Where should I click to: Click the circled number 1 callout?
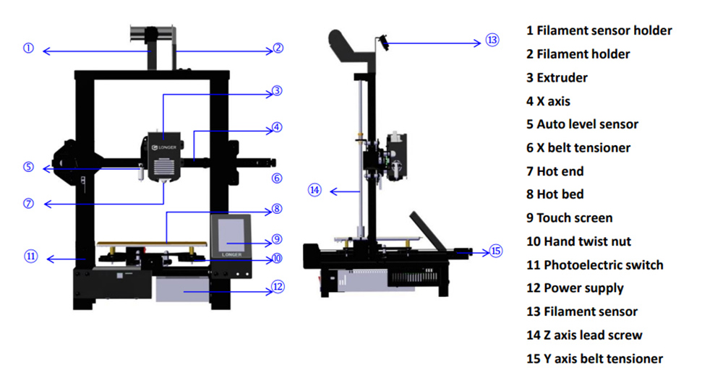28,49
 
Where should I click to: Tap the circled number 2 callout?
278,49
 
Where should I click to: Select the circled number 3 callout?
277,92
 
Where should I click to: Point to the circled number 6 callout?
277,178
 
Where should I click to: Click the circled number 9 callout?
277,239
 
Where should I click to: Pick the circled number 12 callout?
278,287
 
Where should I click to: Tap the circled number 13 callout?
492,40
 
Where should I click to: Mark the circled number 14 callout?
314,190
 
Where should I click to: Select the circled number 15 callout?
495,251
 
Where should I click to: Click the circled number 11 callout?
30,256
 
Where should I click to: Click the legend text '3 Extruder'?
557,77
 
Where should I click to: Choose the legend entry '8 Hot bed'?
555,194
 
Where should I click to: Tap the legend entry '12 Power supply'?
575,288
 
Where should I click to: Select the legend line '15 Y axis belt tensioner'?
594,358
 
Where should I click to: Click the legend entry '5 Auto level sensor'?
582,124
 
